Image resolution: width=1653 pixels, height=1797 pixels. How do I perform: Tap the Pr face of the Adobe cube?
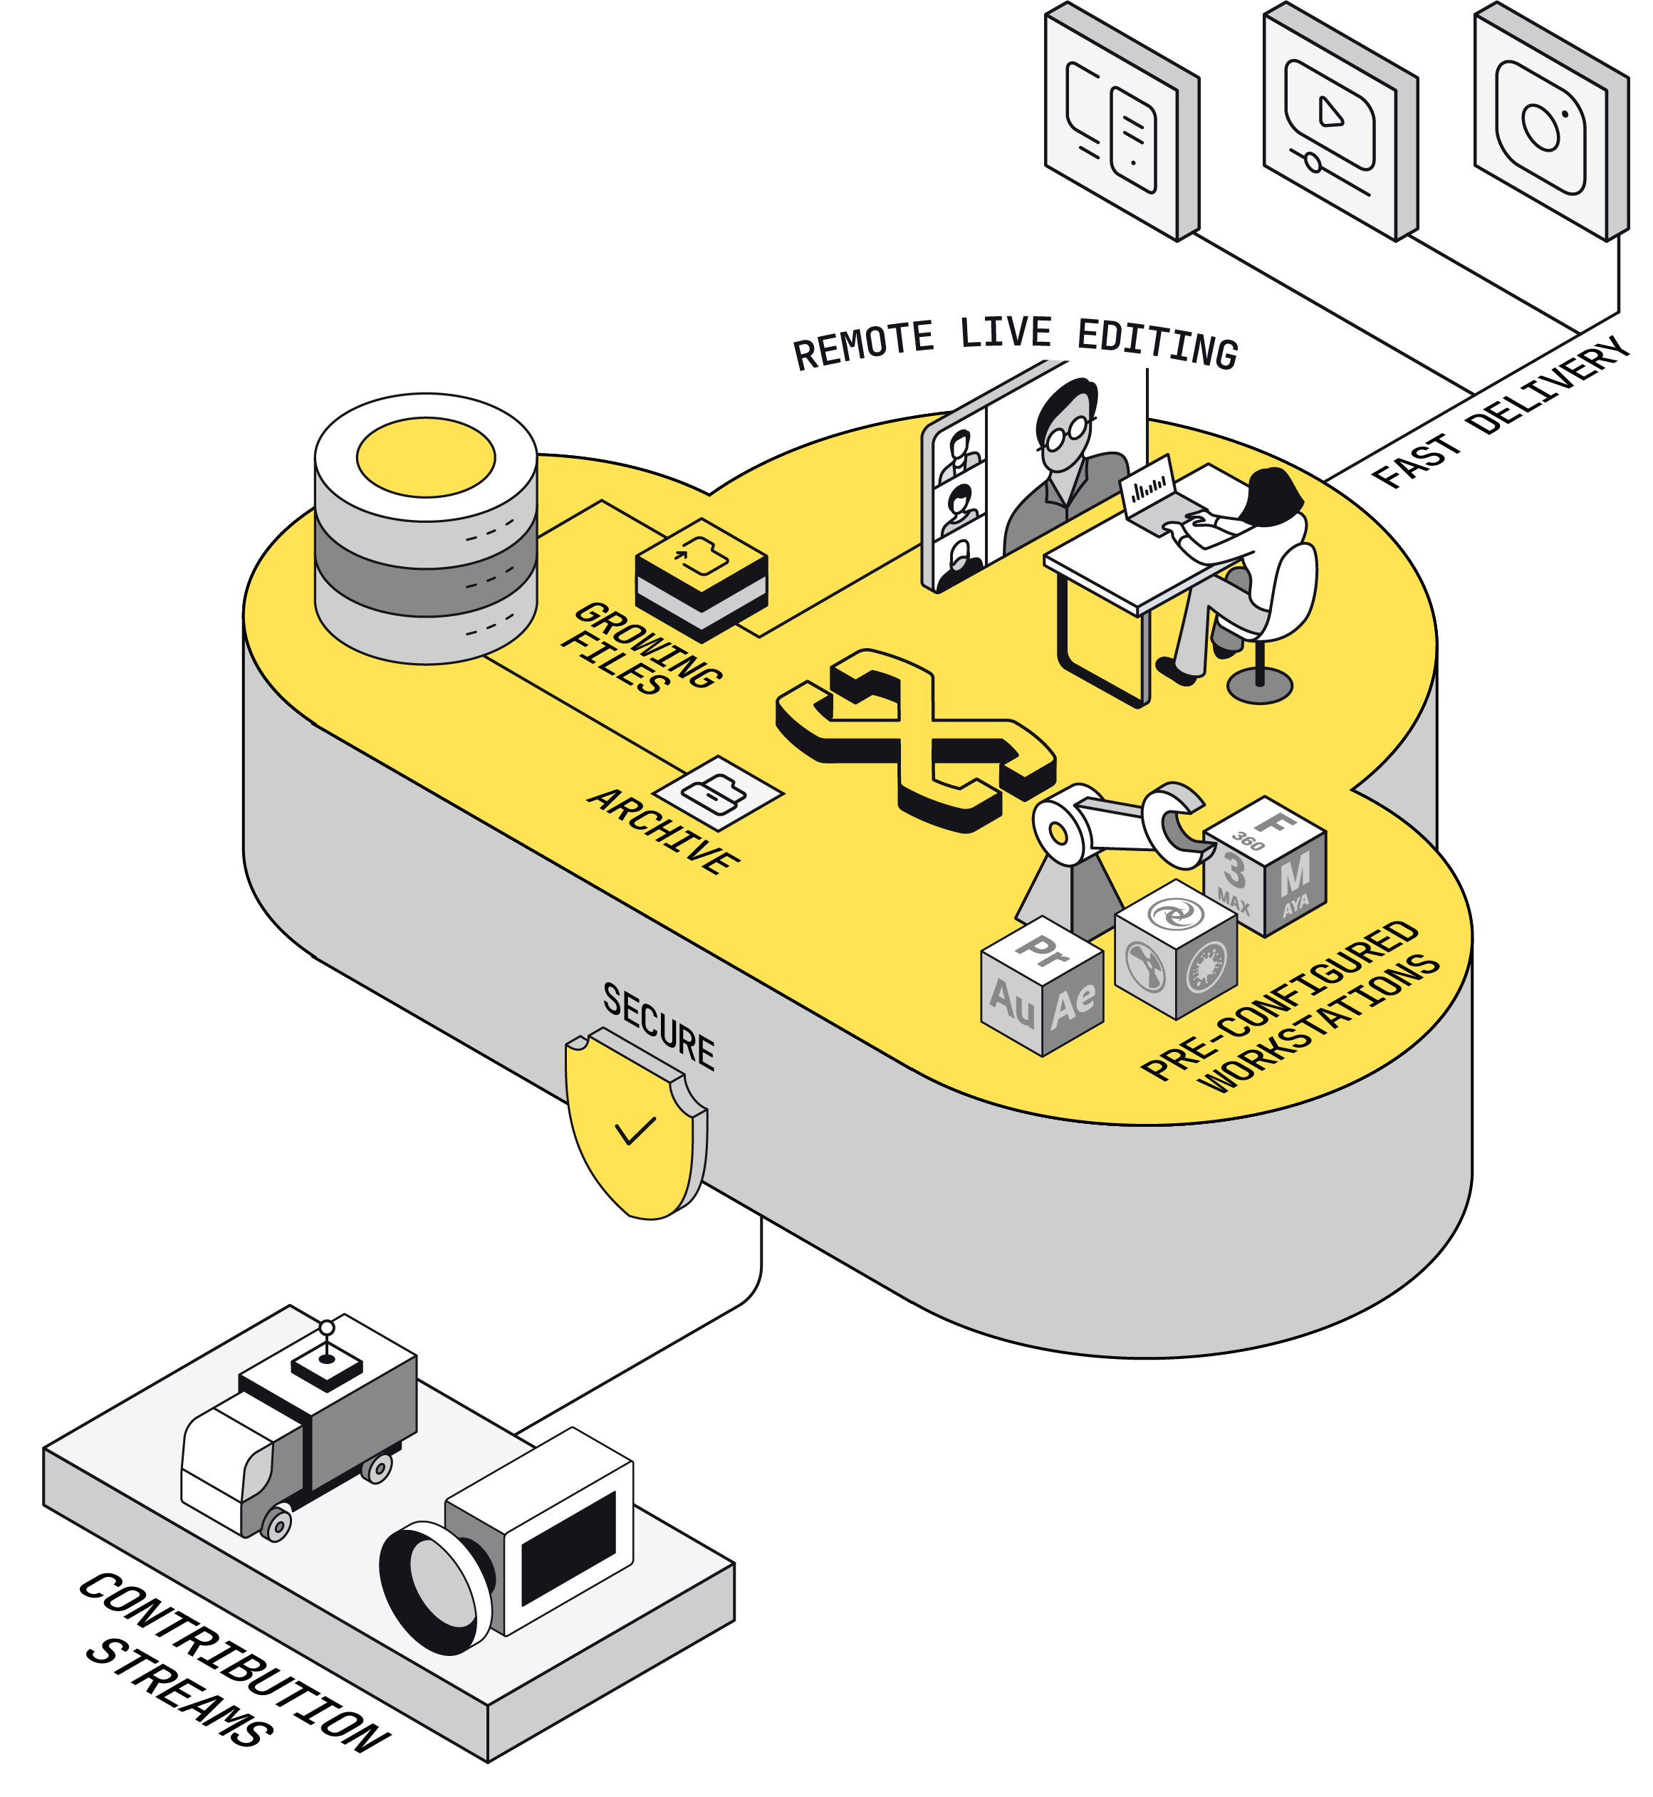[1043, 951]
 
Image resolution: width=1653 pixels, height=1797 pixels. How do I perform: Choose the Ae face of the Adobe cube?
[1074, 1004]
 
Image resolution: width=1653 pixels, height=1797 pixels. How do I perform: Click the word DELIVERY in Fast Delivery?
[1548, 385]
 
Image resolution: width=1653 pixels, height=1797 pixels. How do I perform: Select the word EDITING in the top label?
[1157, 343]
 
